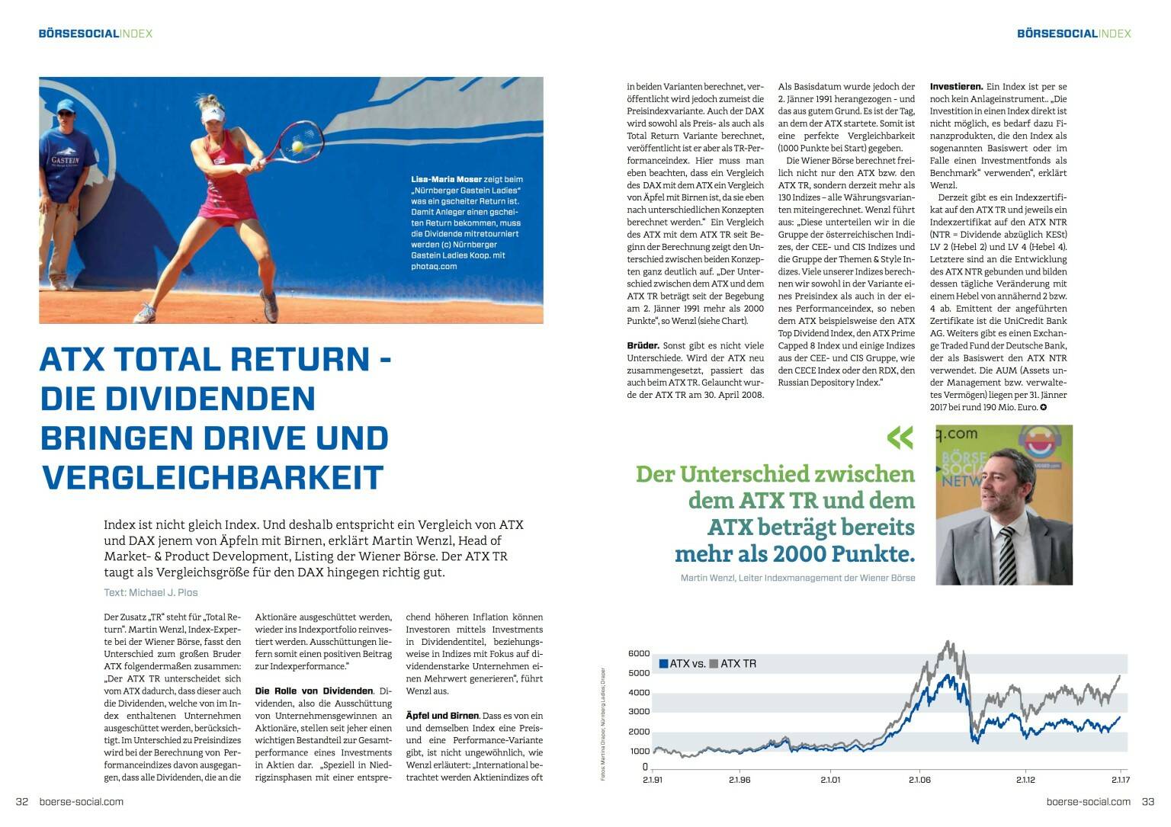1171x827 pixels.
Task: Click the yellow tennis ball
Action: click(x=297, y=146)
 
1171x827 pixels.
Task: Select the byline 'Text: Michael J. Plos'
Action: click(x=151, y=592)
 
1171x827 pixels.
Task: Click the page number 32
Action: click(x=22, y=801)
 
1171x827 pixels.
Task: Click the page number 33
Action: click(x=1147, y=801)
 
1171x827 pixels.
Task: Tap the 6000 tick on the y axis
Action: click(x=639, y=653)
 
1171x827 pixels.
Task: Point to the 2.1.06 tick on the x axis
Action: click(x=919, y=780)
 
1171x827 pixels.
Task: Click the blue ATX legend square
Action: click(x=663, y=664)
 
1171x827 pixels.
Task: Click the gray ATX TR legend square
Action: click(x=714, y=664)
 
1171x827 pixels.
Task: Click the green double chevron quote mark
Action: click(x=900, y=438)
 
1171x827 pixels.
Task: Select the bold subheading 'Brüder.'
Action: click(x=643, y=345)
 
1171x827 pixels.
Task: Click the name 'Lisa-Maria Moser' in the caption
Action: click(x=446, y=179)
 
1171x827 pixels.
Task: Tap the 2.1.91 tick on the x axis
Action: click(x=653, y=780)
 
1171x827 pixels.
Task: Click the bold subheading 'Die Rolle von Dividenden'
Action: click(x=314, y=691)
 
